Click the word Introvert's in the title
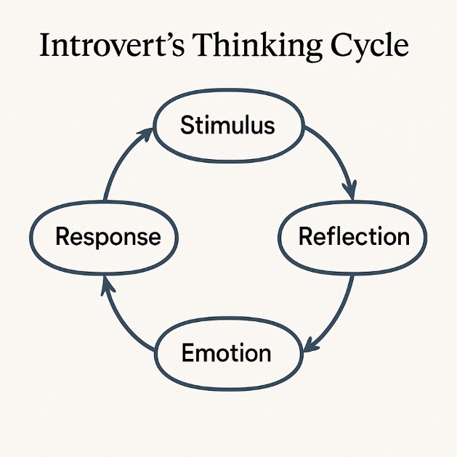pyautogui.click(x=112, y=45)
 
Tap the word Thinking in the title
pyautogui.click(x=256, y=46)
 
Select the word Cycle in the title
pyautogui.click(x=369, y=47)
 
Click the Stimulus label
pyautogui.click(x=227, y=125)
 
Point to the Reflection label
pyautogui.click(x=354, y=236)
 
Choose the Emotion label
pyautogui.click(x=226, y=352)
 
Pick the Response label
pyautogui.click(x=108, y=237)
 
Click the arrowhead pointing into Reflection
pyautogui.click(x=350, y=190)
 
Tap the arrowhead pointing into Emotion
pyautogui.click(x=311, y=345)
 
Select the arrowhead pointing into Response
pyautogui.click(x=108, y=286)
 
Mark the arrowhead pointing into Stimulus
pyautogui.click(x=145, y=134)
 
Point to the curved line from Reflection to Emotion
pyautogui.click(x=336, y=317)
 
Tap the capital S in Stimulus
pyautogui.click(x=187, y=125)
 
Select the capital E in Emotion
pyautogui.click(x=187, y=352)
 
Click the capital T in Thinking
pyautogui.click(x=203, y=45)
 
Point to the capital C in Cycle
pyautogui.click(x=341, y=45)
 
